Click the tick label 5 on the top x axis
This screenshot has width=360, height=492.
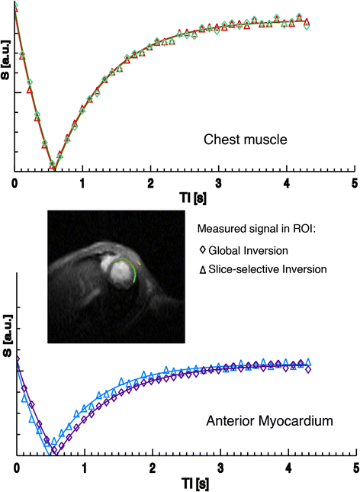(354, 185)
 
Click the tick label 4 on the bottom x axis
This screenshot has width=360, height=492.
(288, 467)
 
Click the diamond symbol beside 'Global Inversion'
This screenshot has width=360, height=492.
(202, 249)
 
